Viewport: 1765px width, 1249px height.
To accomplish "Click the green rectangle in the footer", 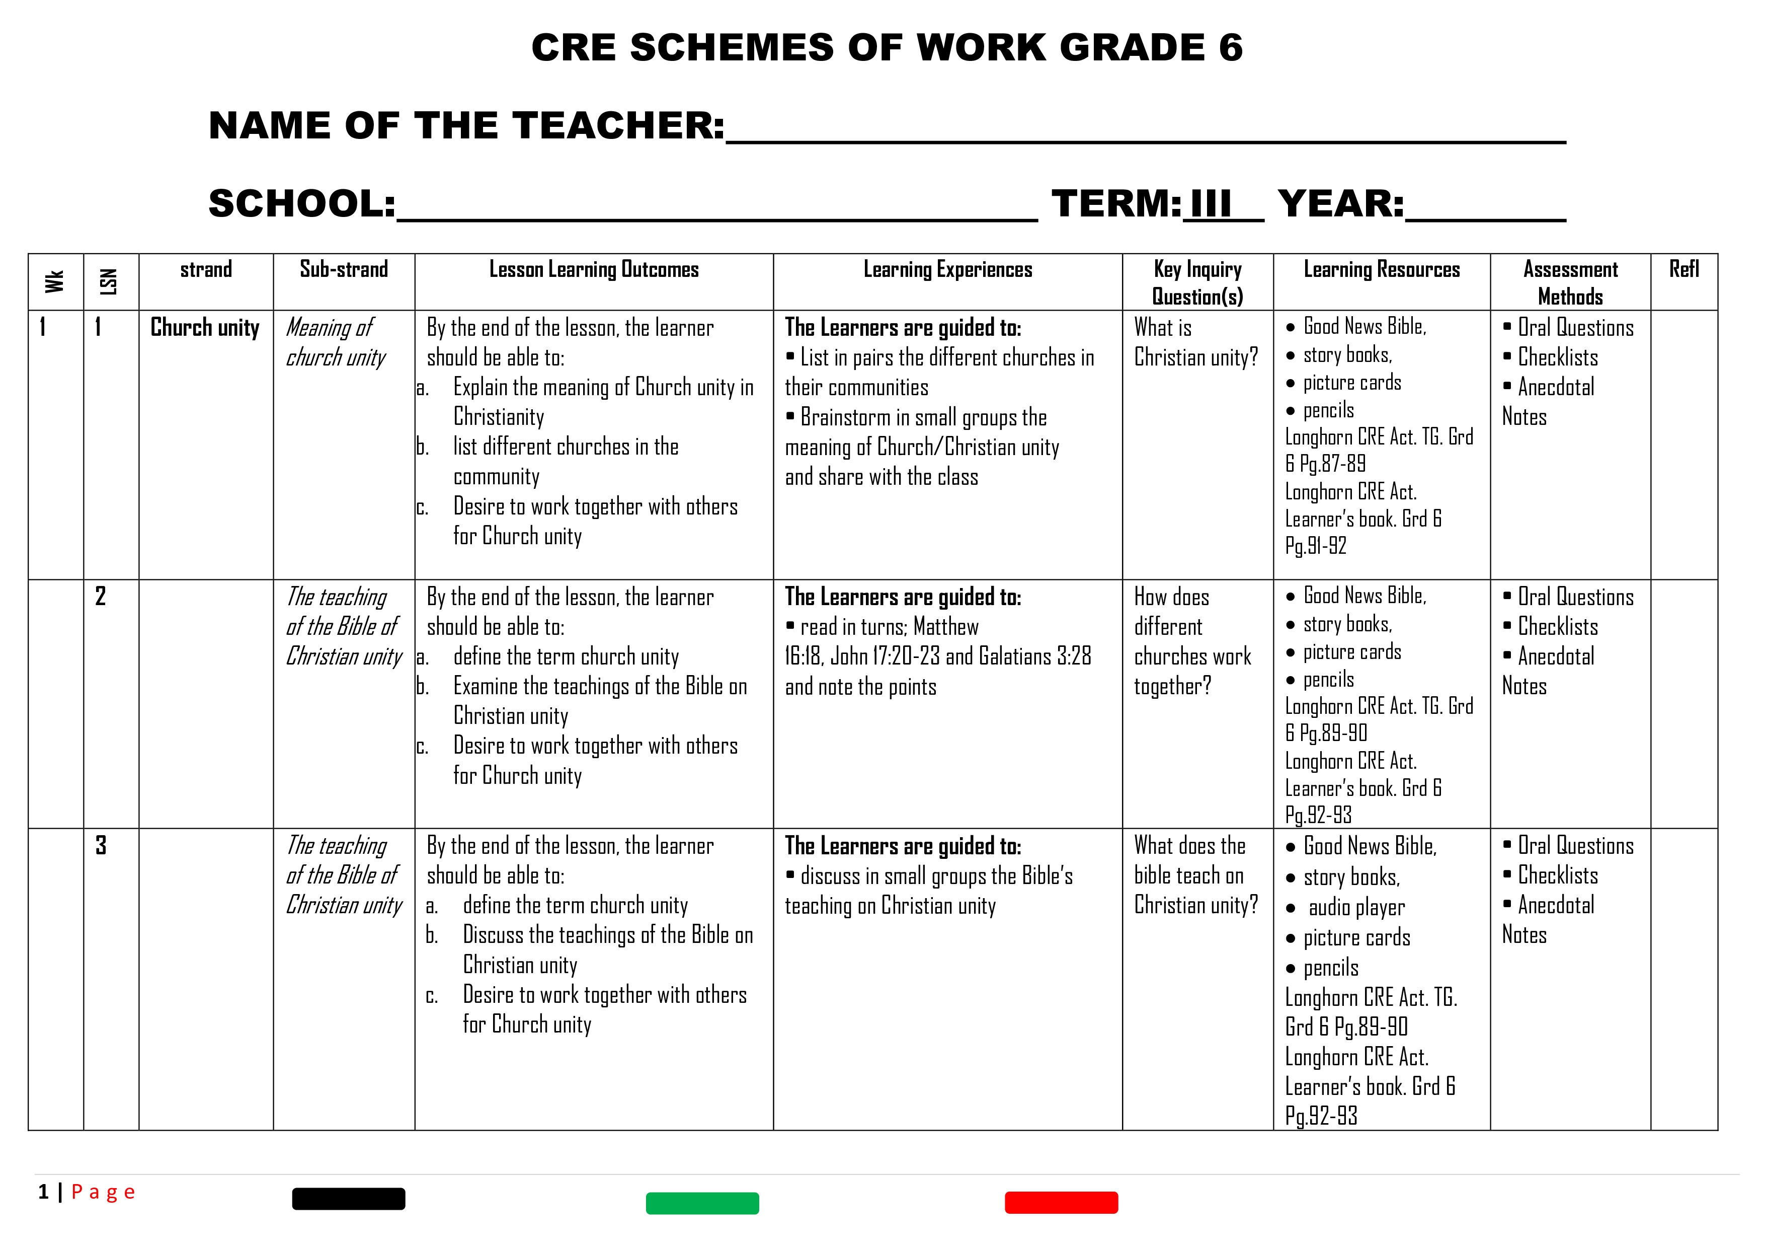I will [702, 1203].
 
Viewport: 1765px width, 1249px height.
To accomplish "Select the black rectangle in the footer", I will [348, 1198].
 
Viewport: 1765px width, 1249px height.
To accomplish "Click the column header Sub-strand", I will [344, 269].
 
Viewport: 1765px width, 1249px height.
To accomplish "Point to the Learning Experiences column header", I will [947, 269].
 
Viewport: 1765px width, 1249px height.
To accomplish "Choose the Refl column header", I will [1683, 269].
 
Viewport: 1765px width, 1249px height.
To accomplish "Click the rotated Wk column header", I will [54, 281].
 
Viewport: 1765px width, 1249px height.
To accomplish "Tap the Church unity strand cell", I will [204, 328].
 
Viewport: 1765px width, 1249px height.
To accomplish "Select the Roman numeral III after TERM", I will [1211, 204].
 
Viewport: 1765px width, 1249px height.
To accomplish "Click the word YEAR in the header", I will [1340, 204].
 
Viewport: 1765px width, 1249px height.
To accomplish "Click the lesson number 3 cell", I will [101, 845].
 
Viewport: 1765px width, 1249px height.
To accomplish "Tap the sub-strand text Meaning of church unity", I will [335, 342].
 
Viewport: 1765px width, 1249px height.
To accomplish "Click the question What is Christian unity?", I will [1195, 342].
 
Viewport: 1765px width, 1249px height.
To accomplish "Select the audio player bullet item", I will [1356, 908].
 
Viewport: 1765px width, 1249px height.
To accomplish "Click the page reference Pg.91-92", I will [1315, 546].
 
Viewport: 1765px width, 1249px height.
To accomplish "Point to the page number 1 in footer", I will [44, 1192].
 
